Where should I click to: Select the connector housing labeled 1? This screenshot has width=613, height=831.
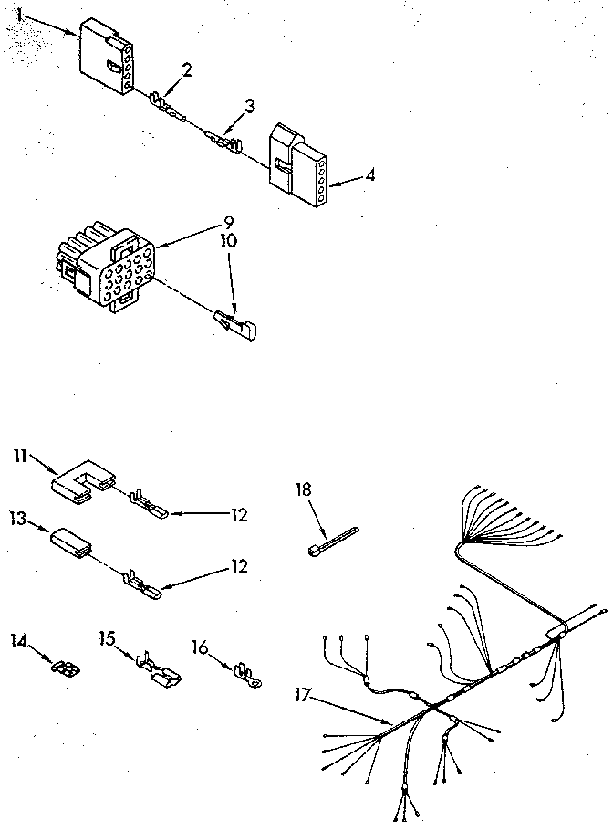(x=107, y=57)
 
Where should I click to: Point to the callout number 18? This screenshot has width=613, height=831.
(x=303, y=489)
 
